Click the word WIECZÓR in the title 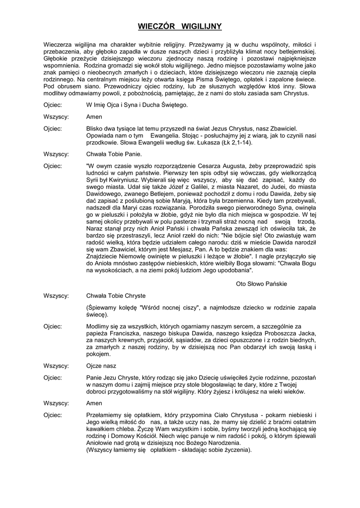pos(155,26)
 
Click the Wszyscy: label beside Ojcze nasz pos(56,366)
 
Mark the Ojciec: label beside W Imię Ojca pos(53,105)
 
